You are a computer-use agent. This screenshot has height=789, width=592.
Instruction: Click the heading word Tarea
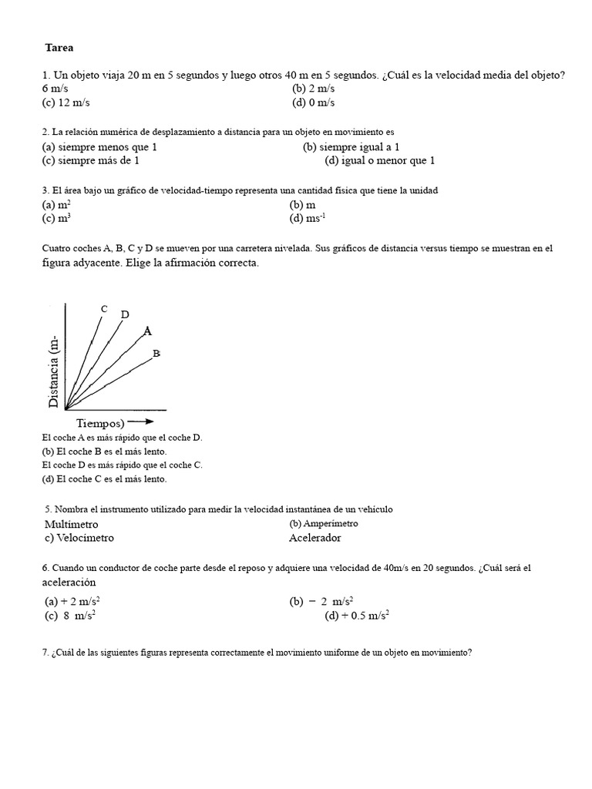[x=59, y=48]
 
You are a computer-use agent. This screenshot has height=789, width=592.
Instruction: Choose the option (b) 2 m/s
[x=313, y=89]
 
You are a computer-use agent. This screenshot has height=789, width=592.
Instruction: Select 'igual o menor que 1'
[x=379, y=160]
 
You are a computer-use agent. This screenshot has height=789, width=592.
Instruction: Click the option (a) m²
[x=57, y=205]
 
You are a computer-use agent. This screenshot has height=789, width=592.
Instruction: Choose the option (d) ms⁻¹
[x=308, y=218]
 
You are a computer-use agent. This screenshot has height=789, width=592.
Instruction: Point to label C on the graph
[x=104, y=309]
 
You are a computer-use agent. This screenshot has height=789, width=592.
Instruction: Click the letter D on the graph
[x=125, y=314]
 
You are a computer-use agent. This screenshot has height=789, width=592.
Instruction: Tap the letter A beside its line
[x=147, y=331]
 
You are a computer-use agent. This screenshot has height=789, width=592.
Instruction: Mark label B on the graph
[x=156, y=353]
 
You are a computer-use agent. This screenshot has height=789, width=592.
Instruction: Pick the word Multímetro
[x=72, y=524]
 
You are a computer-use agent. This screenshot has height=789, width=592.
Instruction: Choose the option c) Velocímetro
[x=84, y=538]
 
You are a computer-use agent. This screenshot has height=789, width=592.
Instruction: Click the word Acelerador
[x=314, y=538]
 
